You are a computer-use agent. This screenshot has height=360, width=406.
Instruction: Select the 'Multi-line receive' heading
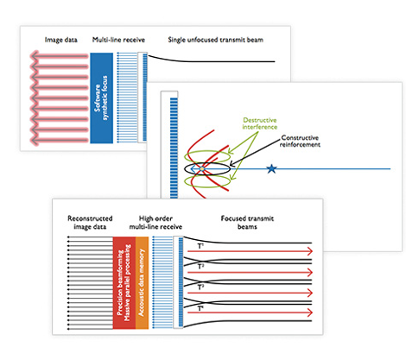117,41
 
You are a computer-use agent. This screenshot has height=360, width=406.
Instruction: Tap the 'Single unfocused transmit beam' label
217,41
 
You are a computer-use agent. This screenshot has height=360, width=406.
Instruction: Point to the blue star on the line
274,170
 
